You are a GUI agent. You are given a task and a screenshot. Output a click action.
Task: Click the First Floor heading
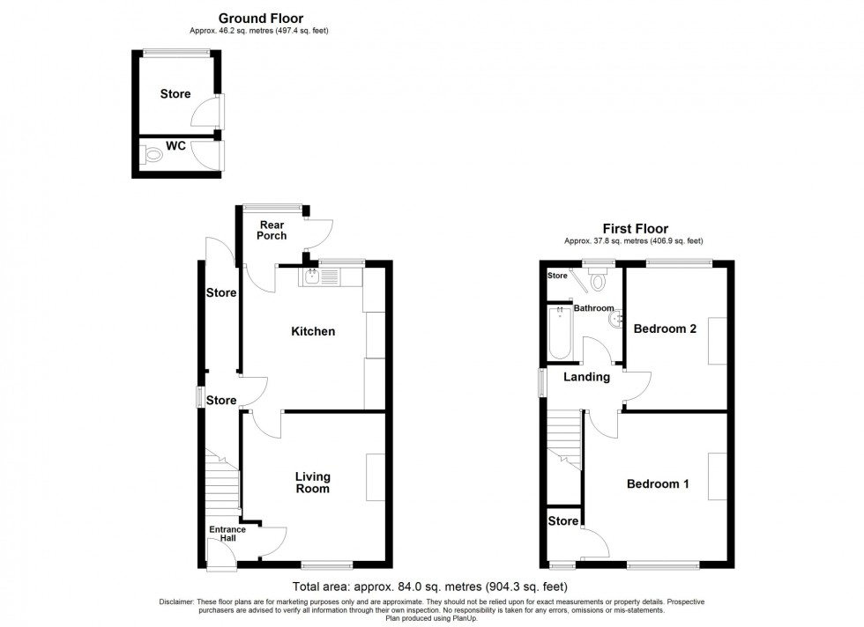635,227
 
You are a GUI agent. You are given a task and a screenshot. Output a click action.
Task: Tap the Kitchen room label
313,332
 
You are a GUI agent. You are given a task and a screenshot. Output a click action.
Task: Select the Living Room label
312,483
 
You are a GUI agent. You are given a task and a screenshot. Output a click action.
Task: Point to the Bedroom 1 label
658,484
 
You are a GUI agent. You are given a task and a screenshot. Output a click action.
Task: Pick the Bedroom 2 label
666,329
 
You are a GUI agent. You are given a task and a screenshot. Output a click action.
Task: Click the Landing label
587,377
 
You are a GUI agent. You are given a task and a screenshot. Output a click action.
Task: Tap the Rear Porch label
272,230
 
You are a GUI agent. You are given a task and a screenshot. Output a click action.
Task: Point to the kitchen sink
313,277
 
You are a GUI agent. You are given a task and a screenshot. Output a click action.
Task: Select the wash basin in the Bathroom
614,318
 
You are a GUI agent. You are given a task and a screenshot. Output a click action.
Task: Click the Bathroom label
593,308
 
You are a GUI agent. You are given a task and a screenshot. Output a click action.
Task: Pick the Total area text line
429,586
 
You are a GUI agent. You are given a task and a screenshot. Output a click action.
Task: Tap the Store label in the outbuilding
175,94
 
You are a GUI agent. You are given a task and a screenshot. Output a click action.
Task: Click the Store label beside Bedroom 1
564,520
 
